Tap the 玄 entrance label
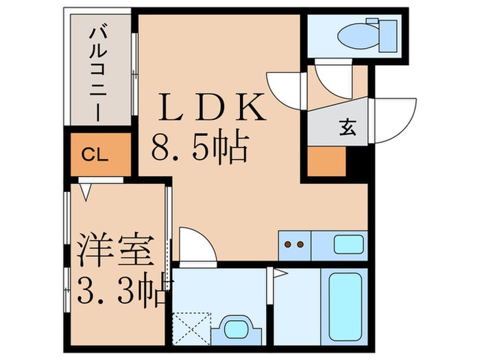[348, 128]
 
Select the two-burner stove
[294, 243]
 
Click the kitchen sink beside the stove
[348, 243]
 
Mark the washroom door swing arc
[197, 245]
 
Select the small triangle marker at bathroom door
[280, 274]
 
